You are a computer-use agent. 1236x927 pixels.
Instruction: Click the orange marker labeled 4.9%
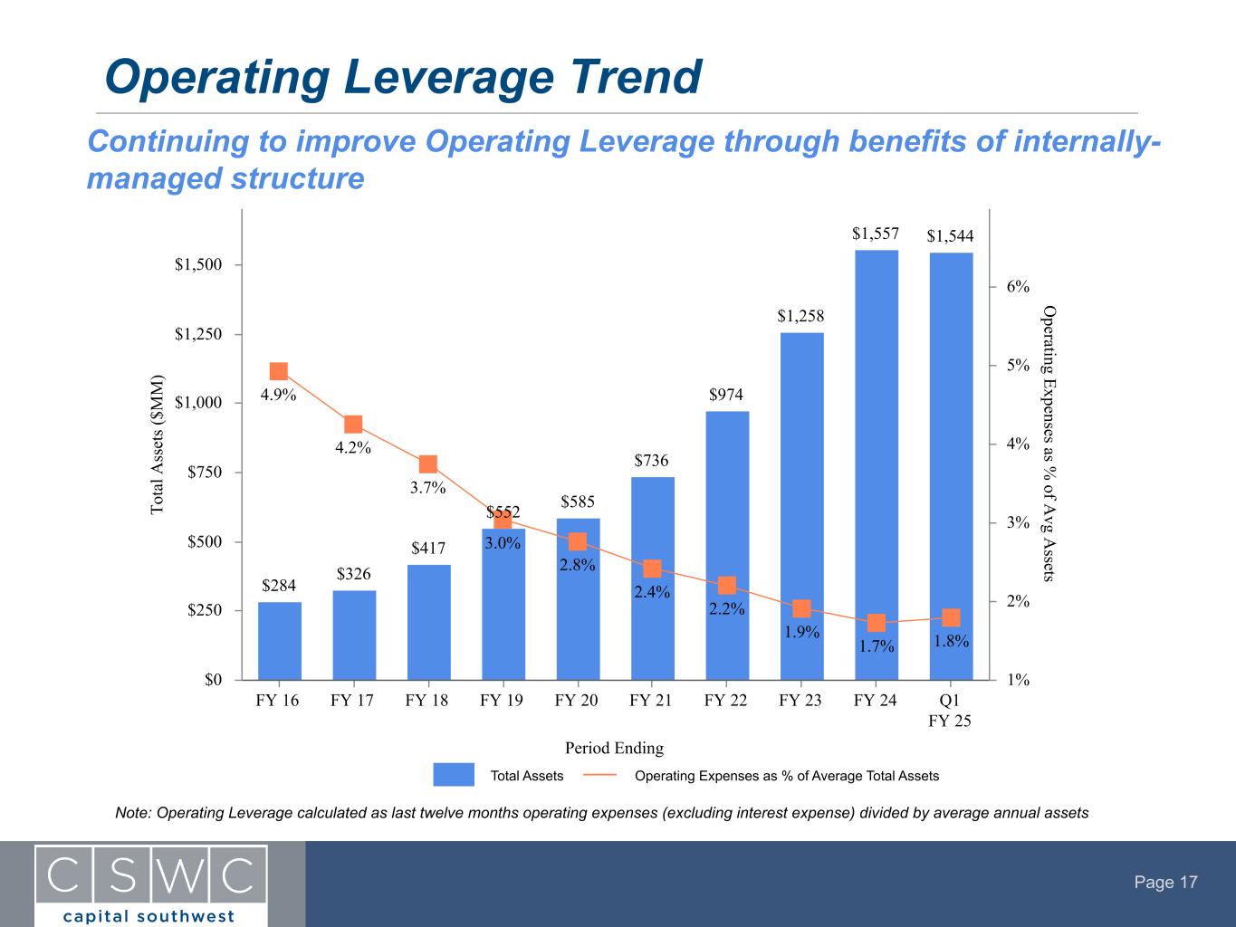(279, 371)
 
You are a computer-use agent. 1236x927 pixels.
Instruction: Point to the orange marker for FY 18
(428, 464)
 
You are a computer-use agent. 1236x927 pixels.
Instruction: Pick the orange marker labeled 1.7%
(877, 623)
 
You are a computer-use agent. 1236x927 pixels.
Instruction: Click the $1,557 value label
(876, 234)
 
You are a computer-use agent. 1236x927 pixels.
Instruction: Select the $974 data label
(726, 395)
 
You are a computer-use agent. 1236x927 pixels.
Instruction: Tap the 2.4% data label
(652, 592)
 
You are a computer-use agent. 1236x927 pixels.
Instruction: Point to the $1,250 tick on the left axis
(198, 334)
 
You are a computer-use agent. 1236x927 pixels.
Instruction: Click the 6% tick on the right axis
(1018, 287)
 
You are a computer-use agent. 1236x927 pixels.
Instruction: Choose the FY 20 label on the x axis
(577, 701)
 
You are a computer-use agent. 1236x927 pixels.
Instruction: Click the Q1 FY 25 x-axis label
(950, 711)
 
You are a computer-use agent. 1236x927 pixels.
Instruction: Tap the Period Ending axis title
(614, 748)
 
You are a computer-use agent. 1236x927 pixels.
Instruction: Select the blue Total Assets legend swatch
(454, 775)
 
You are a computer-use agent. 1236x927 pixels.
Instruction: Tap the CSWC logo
(151, 884)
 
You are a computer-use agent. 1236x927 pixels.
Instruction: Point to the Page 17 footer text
(1166, 883)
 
